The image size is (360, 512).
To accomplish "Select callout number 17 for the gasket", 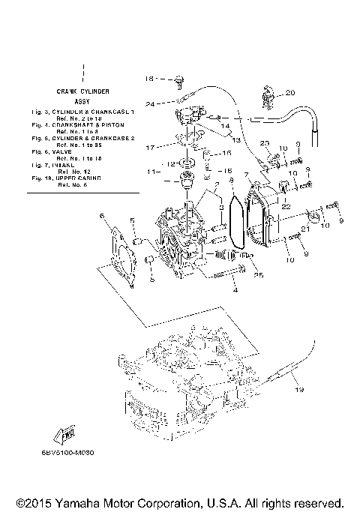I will click(150, 147).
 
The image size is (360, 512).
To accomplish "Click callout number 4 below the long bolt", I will click(234, 290).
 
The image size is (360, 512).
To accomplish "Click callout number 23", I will click(265, 142).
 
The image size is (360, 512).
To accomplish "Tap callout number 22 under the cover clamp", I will click(286, 205).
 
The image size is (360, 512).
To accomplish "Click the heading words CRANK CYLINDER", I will click(84, 91).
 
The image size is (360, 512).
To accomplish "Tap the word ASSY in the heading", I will click(84, 100).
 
